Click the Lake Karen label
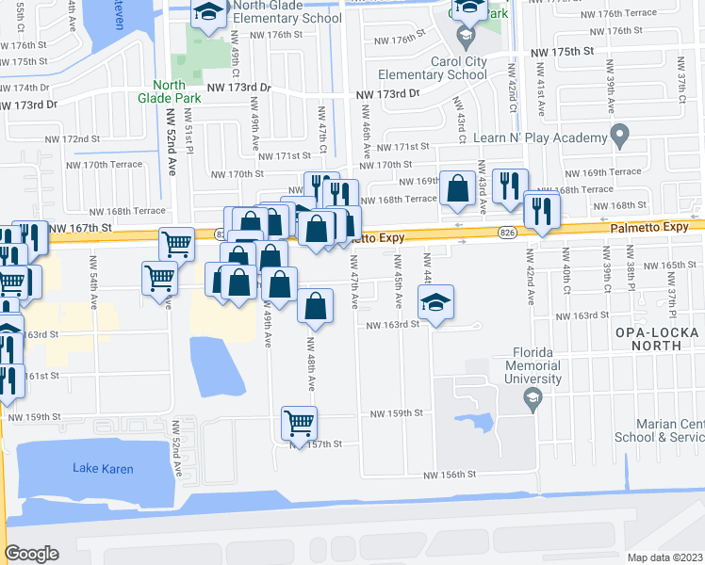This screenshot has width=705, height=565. pos(104,468)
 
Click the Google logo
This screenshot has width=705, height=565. pos(32,553)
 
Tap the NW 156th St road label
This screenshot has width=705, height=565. pos(450,476)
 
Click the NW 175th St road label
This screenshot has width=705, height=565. pos(562,52)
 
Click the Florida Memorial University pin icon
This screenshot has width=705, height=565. pos(533,401)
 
